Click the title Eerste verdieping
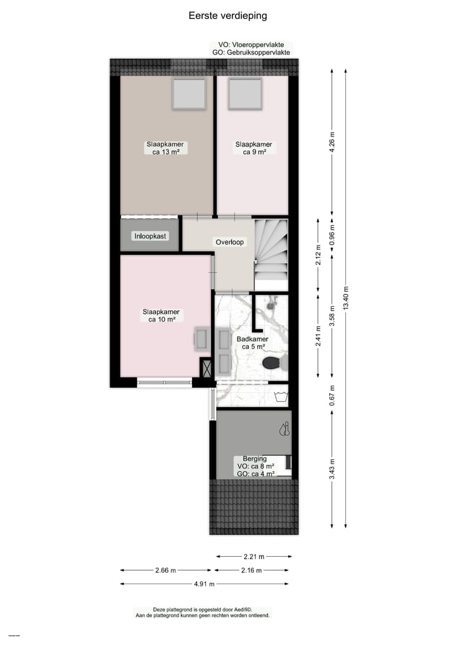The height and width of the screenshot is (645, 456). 227,16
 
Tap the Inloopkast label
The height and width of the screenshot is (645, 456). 150,236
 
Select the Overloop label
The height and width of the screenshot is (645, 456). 229,242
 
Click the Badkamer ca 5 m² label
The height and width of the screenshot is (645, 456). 252,343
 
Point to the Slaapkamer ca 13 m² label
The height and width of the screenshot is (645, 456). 164,148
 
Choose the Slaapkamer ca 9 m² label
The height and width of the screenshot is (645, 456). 253,148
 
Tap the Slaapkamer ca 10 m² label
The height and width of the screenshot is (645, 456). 161,316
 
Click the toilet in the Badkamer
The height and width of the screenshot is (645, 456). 272,363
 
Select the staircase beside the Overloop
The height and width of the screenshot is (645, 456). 271,249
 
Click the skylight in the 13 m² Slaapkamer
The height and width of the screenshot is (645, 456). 189,94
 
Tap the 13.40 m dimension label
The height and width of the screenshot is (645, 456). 345,298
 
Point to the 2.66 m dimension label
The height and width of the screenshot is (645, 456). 165,570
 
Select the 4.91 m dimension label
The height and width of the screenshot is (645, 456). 204,584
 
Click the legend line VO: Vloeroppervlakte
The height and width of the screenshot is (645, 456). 251,45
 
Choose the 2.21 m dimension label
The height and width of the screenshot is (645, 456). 253,556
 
